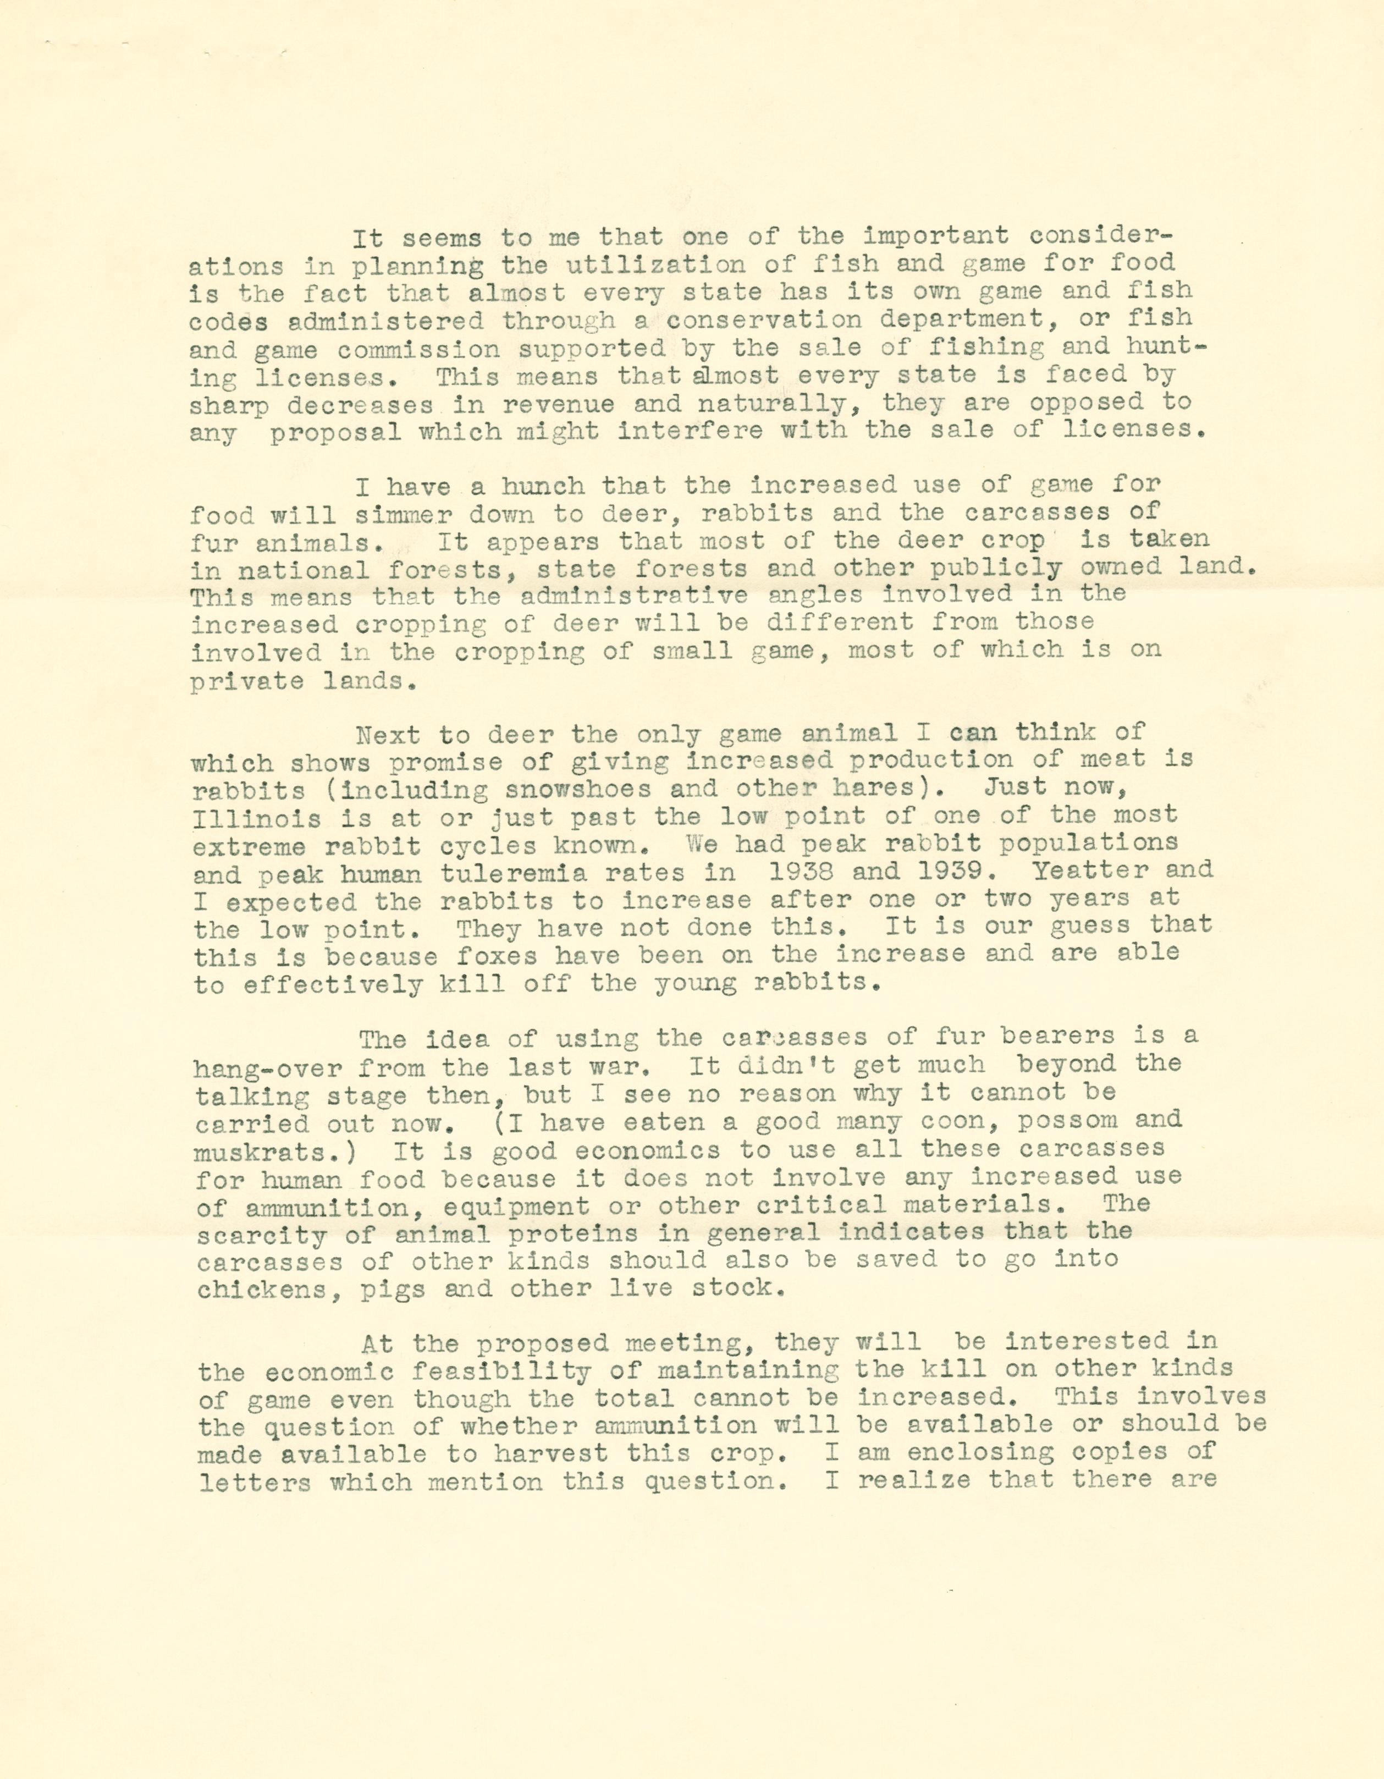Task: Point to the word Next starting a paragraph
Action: pyautogui.click(x=389, y=735)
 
